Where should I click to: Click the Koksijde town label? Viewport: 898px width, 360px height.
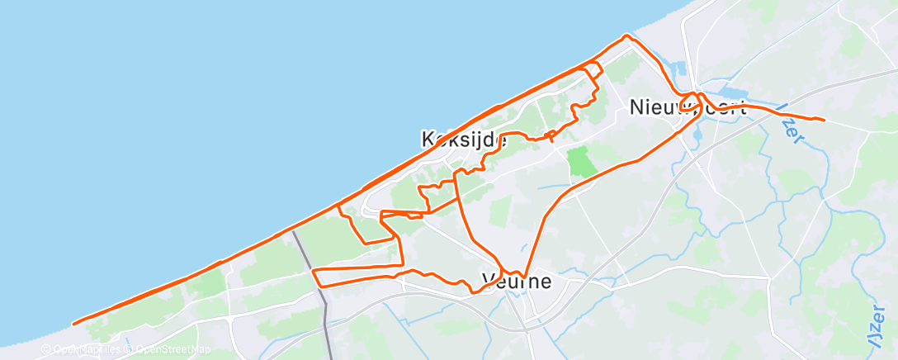(464, 140)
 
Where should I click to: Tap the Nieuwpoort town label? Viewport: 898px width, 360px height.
(688, 107)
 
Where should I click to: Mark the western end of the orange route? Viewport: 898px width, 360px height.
(74, 324)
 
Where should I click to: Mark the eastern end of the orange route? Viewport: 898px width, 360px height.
(823, 121)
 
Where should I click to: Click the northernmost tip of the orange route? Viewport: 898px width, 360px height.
(626, 36)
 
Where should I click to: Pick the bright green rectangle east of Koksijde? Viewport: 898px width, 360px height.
(583, 160)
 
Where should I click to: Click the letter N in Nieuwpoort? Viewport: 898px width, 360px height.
(636, 107)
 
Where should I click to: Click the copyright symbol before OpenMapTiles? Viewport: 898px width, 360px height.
(47, 349)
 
